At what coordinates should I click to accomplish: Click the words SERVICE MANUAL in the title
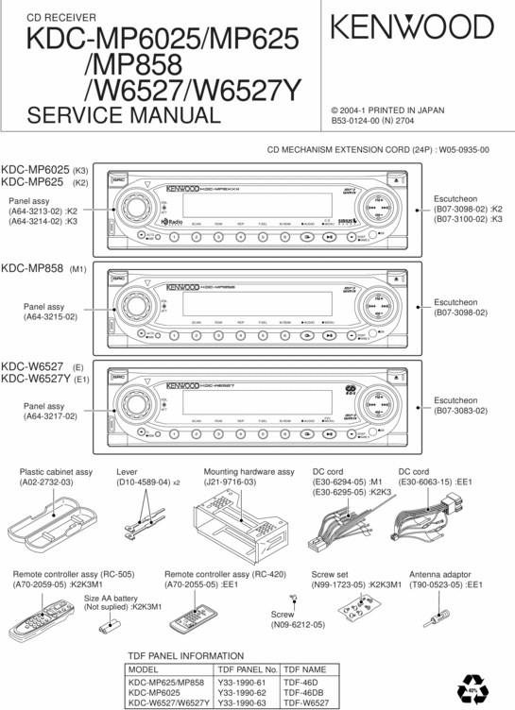coord(124,116)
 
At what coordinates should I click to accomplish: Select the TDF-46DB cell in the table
coord(302,691)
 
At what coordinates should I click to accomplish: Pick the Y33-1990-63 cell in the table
coord(241,702)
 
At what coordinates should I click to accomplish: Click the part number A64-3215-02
coord(51,317)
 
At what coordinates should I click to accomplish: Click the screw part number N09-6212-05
coord(298,625)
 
